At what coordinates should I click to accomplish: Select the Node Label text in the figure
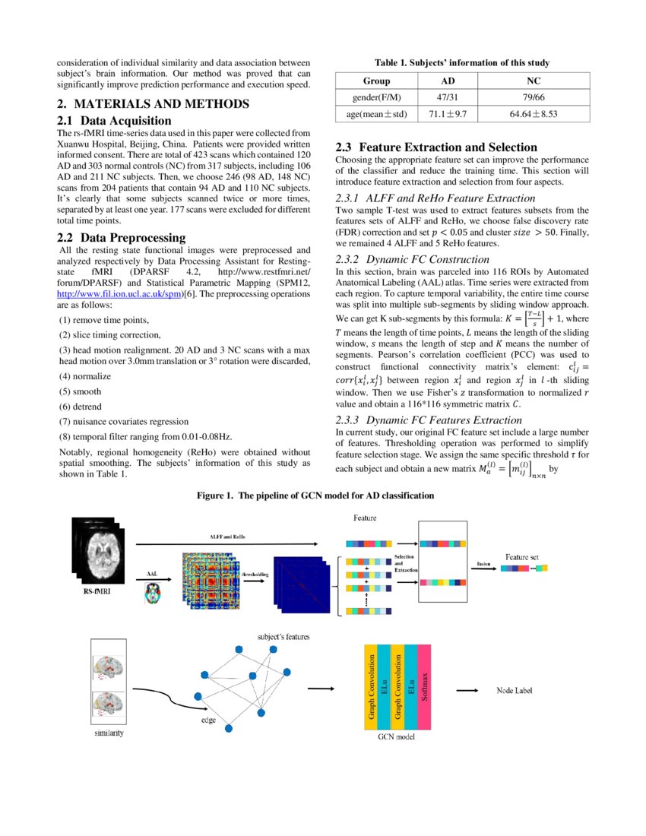click(515, 691)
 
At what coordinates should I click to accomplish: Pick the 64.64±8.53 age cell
click(530, 114)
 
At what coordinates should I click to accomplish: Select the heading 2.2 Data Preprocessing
click(122, 238)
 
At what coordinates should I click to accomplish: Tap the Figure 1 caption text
click(315, 496)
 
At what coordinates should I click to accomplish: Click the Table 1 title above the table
click(462, 63)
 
